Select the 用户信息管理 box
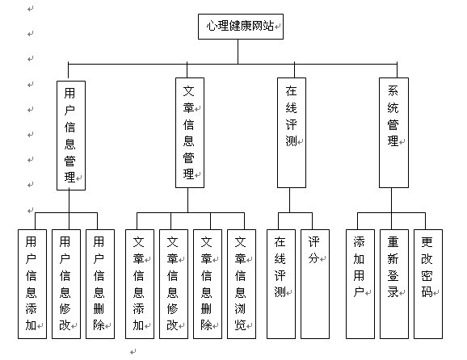pos(70,133)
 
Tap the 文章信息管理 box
pos(189,133)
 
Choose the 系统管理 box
pos(393,133)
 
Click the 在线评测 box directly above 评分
pos(291,133)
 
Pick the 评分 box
pos(314,283)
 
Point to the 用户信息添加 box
pos(32,283)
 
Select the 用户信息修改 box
pos(65,283)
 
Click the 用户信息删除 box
pos(99,283)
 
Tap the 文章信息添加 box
pos(138,283)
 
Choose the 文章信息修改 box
pos(172,283)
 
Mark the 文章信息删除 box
pos(206,283)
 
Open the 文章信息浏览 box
pos(240,283)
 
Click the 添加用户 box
pos(360,283)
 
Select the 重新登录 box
pos(393,283)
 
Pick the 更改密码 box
pos(427,283)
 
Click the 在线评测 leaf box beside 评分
pos(280,283)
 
